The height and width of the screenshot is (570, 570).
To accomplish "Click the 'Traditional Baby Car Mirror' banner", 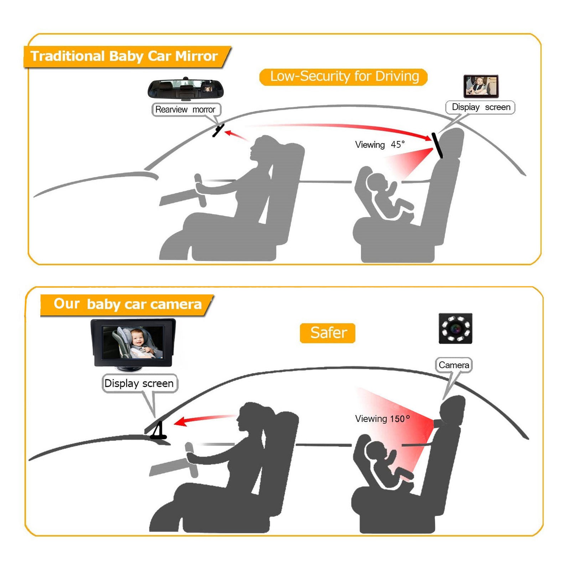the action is (127, 57).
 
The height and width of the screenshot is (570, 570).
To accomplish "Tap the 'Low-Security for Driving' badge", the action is (343, 77).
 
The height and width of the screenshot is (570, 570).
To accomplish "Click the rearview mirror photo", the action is (186, 89).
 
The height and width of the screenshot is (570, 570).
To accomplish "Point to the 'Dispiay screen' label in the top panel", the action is (480, 107).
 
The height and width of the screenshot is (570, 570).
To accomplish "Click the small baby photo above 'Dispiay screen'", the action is (481, 86).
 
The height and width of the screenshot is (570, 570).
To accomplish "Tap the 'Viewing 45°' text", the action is (380, 145).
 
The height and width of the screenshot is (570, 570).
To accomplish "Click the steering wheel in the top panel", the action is (200, 190).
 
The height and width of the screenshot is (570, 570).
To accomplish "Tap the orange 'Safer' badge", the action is (328, 333).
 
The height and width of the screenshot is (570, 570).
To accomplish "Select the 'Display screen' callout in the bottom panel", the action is (139, 383).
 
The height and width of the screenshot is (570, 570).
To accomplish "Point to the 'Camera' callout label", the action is (454, 365).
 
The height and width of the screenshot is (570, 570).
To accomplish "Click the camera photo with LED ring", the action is (455, 328).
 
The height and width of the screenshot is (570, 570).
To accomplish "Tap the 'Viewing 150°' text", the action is (382, 419).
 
